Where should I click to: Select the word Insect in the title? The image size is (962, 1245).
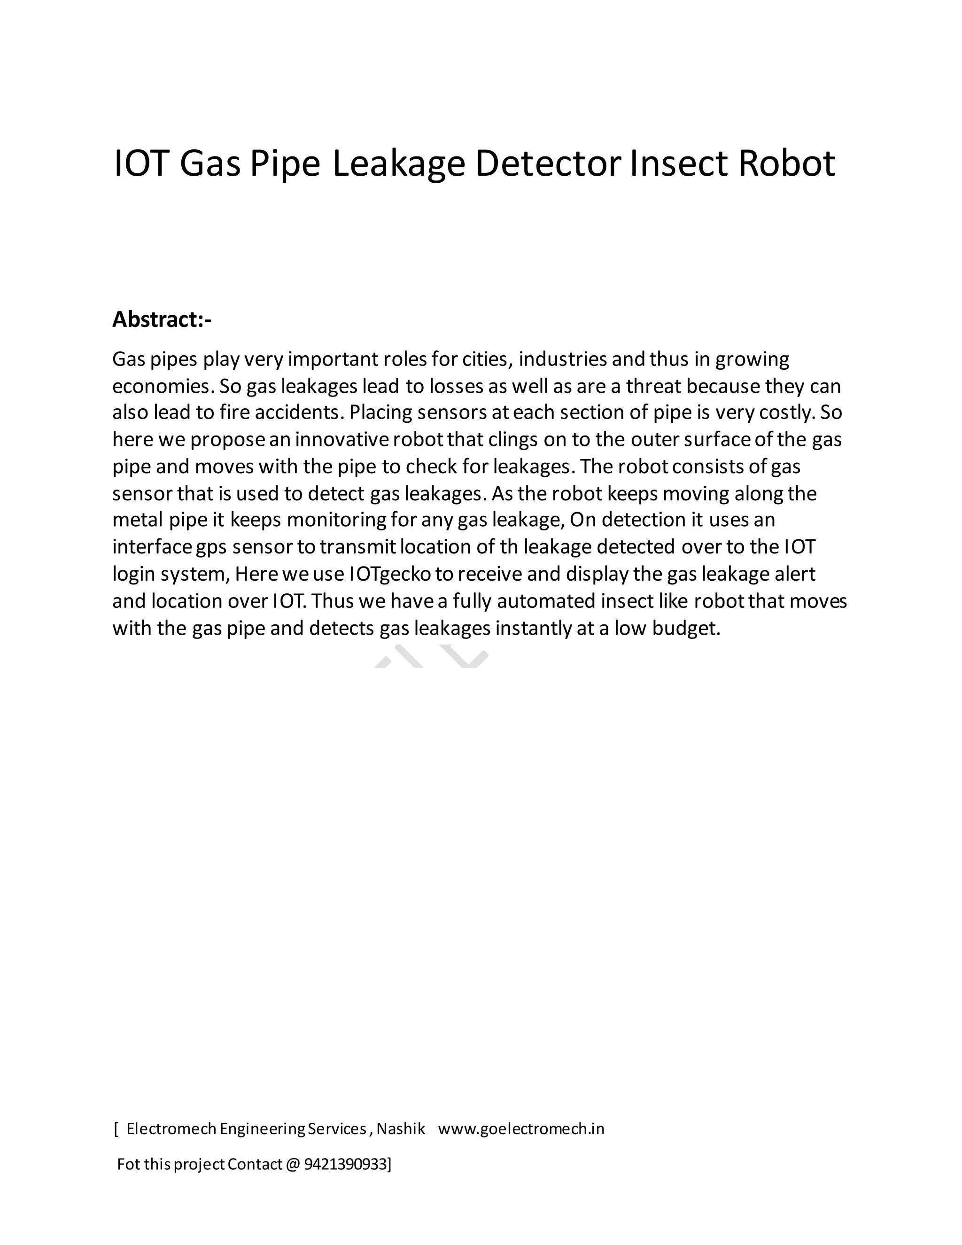pyautogui.click(x=678, y=163)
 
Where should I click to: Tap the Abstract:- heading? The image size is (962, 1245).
pyautogui.click(x=162, y=320)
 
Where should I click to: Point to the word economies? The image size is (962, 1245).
pyautogui.click(x=163, y=387)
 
